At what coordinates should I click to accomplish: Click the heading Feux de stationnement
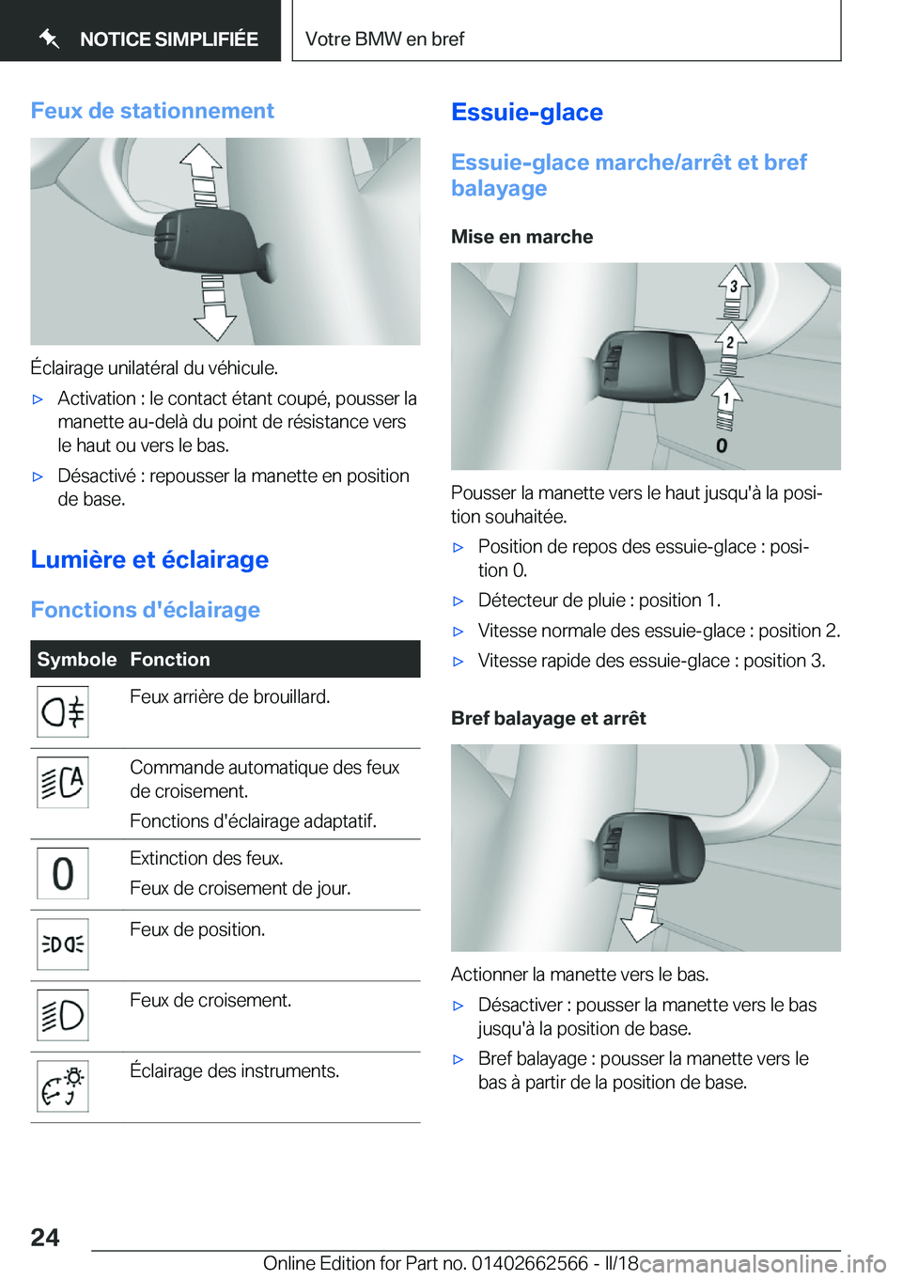(152, 111)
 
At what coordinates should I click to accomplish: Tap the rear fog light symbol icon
(63, 711)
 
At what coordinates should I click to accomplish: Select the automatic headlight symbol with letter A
(63, 782)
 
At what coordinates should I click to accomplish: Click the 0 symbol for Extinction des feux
(63, 873)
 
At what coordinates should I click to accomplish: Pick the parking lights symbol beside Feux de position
(63, 944)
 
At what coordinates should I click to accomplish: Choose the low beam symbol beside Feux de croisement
(63, 1015)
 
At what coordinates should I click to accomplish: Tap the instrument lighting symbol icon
(63, 1086)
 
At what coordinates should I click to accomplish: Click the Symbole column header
(77, 659)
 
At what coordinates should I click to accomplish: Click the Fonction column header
(170, 659)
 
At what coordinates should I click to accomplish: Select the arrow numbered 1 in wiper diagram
(725, 398)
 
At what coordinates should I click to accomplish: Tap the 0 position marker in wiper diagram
(722, 445)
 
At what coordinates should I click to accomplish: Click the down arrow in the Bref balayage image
(643, 916)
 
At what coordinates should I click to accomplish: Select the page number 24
(45, 1237)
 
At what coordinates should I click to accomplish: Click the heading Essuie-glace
(527, 113)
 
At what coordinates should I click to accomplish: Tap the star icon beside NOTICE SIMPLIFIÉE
(50, 39)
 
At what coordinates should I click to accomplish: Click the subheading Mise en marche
(521, 237)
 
